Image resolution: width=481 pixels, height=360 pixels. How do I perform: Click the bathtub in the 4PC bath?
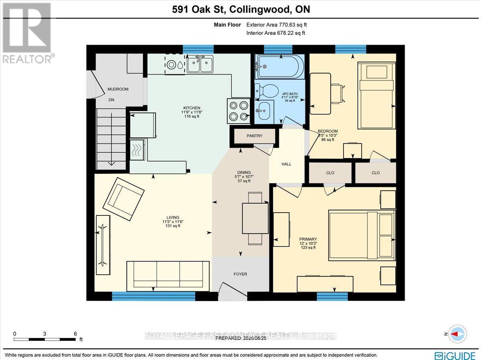tap(277, 66)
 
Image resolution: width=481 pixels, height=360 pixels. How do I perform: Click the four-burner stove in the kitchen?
tap(238, 111)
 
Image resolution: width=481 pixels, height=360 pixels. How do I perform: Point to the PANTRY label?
tap(255, 136)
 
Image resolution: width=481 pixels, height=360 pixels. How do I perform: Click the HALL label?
tap(286, 164)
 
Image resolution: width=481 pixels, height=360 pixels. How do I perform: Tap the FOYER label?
tap(240, 274)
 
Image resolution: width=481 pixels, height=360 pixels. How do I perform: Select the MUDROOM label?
tap(118, 89)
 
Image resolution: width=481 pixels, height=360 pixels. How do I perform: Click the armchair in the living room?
tap(123, 199)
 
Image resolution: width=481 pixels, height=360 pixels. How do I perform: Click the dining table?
tap(255, 218)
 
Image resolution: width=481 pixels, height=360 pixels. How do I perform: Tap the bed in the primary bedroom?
tap(362, 236)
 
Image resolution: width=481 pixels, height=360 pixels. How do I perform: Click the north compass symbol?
tap(457, 334)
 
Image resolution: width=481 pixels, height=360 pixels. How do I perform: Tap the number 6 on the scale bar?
tap(75, 334)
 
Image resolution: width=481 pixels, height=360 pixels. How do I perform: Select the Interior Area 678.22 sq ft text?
tap(275, 33)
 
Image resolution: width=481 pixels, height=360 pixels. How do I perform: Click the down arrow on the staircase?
tap(112, 163)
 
